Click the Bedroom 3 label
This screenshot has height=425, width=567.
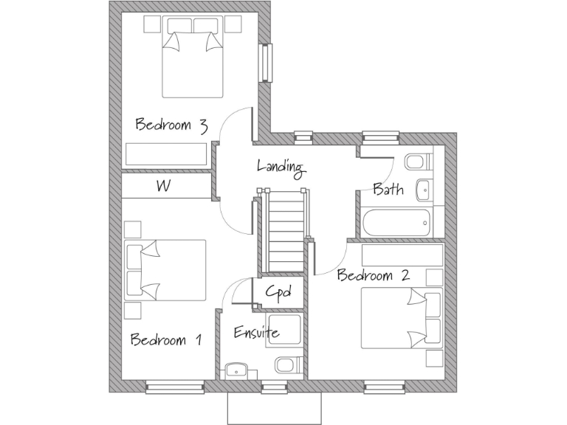(171, 125)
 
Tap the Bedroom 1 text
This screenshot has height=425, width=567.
(166, 340)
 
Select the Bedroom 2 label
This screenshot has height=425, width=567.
(373, 276)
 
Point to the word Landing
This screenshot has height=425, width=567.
(281, 167)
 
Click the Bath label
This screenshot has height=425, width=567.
(388, 190)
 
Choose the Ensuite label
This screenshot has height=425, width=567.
(256, 333)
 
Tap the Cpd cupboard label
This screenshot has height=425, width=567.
(278, 291)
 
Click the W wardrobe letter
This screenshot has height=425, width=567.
(164, 187)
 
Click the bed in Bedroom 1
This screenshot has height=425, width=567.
(167, 270)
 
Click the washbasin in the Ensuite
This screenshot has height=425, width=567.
(237, 369)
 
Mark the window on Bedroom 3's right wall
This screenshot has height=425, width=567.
(265, 63)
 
